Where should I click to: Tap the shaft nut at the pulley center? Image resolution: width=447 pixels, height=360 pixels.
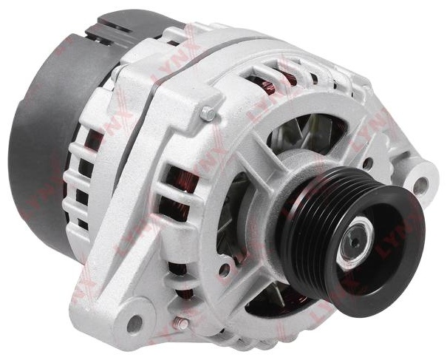(356, 240)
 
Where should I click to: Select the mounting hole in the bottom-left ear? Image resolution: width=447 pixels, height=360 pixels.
(134, 324)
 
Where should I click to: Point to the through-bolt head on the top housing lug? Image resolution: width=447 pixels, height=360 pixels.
(208, 113)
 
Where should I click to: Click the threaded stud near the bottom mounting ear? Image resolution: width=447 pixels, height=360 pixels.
(181, 323)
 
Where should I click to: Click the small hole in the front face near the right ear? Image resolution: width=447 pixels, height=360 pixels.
(368, 163)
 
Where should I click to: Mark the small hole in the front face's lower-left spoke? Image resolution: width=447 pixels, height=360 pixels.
(225, 268)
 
